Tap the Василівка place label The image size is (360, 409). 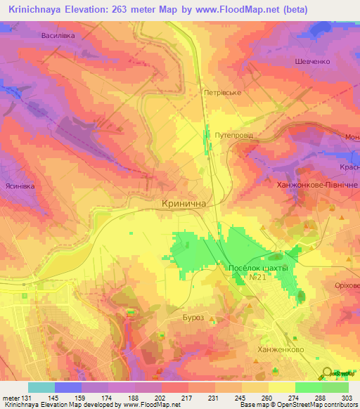tap(77, 34)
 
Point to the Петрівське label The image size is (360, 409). tap(222, 92)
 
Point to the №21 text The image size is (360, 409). tap(256, 278)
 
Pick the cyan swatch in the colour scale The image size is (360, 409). tap(41, 387)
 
